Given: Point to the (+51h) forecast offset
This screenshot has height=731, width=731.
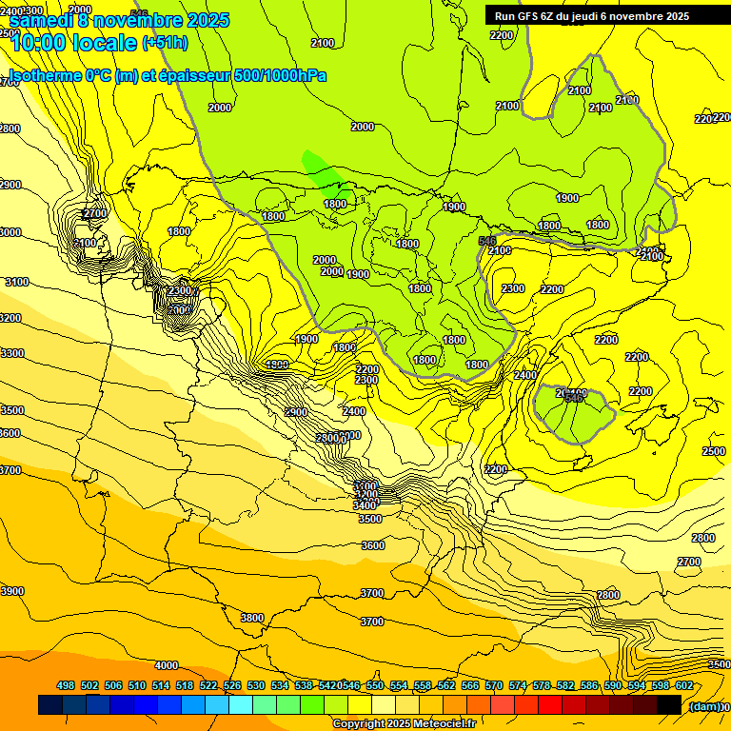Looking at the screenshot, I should (165, 43).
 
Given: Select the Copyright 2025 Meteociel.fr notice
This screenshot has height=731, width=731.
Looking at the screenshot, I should (404, 724).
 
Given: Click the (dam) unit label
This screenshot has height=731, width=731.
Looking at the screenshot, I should (703, 706).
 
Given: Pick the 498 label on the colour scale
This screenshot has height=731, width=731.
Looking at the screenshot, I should (66, 686).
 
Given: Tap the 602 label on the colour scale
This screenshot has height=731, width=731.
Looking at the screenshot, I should (684, 686).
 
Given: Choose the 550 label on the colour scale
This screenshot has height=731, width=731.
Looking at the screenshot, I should (375, 686).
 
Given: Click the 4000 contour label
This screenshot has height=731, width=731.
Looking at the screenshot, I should (167, 665).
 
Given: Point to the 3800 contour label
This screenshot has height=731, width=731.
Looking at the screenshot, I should (251, 618).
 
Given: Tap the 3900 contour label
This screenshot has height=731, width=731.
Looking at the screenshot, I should (12, 591).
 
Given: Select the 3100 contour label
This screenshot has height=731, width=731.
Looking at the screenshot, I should (16, 282).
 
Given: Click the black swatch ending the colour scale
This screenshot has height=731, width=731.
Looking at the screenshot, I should (669, 705).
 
